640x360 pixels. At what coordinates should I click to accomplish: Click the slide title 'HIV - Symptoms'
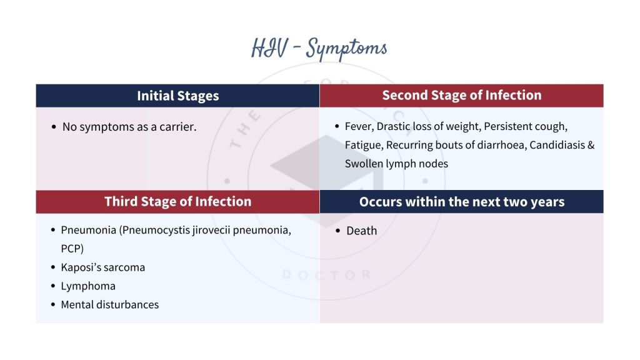click(x=319, y=49)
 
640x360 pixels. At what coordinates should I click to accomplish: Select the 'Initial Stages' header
click(x=178, y=96)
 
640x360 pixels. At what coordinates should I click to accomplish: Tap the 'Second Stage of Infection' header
click(x=462, y=96)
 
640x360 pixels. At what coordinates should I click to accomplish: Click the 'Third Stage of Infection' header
click(x=178, y=201)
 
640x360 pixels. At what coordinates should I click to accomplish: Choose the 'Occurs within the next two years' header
click(x=462, y=202)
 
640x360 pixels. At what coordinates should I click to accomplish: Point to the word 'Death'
click(x=362, y=231)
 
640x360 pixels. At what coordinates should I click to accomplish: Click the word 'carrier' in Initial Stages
click(x=177, y=127)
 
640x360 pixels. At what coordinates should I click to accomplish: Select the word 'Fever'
click(x=359, y=126)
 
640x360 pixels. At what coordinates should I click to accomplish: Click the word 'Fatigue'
click(x=362, y=145)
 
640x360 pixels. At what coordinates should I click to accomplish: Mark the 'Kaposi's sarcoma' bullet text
click(x=103, y=267)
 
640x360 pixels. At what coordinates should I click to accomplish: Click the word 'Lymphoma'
click(x=88, y=286)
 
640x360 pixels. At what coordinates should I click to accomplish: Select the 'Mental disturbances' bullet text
click(x=110, y=304)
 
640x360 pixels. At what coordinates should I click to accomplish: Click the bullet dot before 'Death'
click(x=338, y=231)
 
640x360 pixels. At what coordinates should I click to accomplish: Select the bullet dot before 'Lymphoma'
click(x=52, y=286)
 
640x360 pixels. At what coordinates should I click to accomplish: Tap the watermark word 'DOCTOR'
click(x=326, y=274)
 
